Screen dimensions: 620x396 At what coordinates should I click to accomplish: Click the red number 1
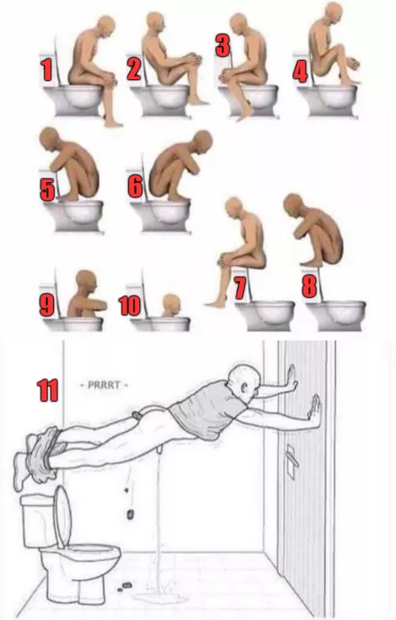coord(47,70)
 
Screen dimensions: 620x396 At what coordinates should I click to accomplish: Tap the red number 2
coord(133,70)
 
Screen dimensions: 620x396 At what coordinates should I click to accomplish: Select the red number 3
coord(223,45)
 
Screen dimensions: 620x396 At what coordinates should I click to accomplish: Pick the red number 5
coord(47,190)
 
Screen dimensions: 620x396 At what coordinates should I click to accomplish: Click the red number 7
coord(239,287)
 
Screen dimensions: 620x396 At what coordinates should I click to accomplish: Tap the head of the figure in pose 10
coord(170,303)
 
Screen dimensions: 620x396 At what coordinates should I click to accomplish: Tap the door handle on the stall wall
coord(291,456)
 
